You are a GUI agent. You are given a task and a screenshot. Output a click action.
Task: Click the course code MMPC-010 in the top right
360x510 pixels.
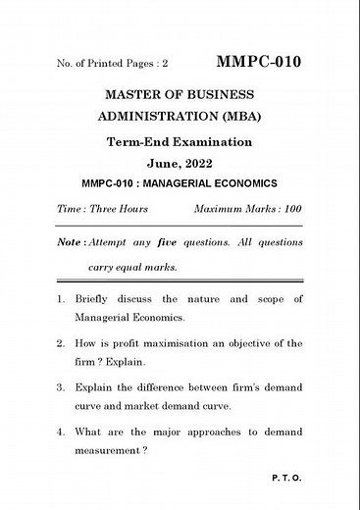[x=260, y=62]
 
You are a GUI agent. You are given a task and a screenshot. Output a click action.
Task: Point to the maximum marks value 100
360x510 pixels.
[x=290, y=210]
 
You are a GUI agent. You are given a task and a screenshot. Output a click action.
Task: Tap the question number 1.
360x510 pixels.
[x=59, y=297]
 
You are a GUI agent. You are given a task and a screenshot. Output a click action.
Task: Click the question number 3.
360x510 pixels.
[x=59, y=387]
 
